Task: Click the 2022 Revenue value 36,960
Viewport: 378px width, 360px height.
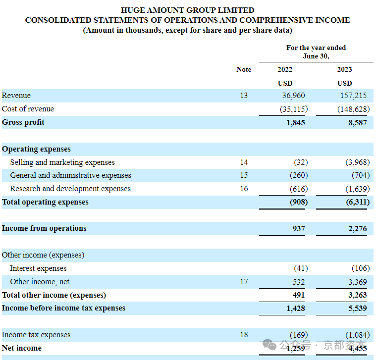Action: click(x=293, y=96)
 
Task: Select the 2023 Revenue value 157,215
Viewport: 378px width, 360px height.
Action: click(x=353, y=96)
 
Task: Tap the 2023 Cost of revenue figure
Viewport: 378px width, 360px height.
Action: click(x=353, y=109)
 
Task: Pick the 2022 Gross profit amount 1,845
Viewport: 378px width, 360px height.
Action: click(x=296, y=123)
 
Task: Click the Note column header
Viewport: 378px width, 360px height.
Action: click(x=244, y=69)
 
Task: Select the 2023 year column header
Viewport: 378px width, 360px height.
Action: click(x=344, y=69)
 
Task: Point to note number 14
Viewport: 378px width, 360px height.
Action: click(x=244, y=162)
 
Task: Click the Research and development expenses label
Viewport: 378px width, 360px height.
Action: click(x=70, y=189)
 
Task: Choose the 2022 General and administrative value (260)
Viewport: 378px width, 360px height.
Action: click(x=299, y=175)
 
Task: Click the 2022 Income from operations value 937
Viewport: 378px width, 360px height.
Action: click(x=299, y=229)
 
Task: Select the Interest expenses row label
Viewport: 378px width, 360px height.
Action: click(x=38, y=268)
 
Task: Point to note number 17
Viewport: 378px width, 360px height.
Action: click(x=244, y=282)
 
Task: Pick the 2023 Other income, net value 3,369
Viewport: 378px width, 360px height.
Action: click(x=358, y=282)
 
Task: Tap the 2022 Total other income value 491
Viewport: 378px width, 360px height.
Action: click(x=299, y=295)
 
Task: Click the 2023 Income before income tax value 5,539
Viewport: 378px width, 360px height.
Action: click(x=358, y=309)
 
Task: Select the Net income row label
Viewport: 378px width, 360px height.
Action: click(x=22, y=348)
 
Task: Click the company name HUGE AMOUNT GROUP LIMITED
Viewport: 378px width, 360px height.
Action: click(x=188, y=10)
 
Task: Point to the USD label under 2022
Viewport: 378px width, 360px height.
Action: click(x=285, y=83)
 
